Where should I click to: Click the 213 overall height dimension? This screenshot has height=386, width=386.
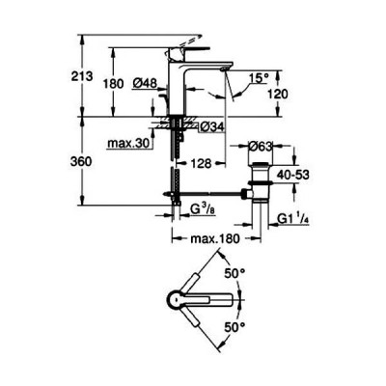pos(82,76)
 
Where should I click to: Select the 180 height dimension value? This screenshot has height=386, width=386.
pos(113,84)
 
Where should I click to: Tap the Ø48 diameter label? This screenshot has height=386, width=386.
pos(145,83)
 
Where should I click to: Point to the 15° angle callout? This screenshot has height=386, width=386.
pos(260,78)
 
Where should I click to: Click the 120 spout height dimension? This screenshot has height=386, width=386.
pos(277,95)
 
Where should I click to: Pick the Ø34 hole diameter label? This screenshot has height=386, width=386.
pos(211,127)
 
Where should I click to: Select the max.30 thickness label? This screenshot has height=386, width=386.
pos(129,144)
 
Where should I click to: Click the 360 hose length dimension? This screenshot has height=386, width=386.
pos(81,162)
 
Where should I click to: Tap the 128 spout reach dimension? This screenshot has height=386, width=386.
pos(201,163)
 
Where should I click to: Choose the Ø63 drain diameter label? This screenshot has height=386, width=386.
pos(261,147)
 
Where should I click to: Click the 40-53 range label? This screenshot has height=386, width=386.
pos(293,175)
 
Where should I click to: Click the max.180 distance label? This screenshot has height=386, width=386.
pos(215,239)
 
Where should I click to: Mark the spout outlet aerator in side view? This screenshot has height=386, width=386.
pos(225,69)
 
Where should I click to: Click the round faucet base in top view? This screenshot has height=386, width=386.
pos(177,300)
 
